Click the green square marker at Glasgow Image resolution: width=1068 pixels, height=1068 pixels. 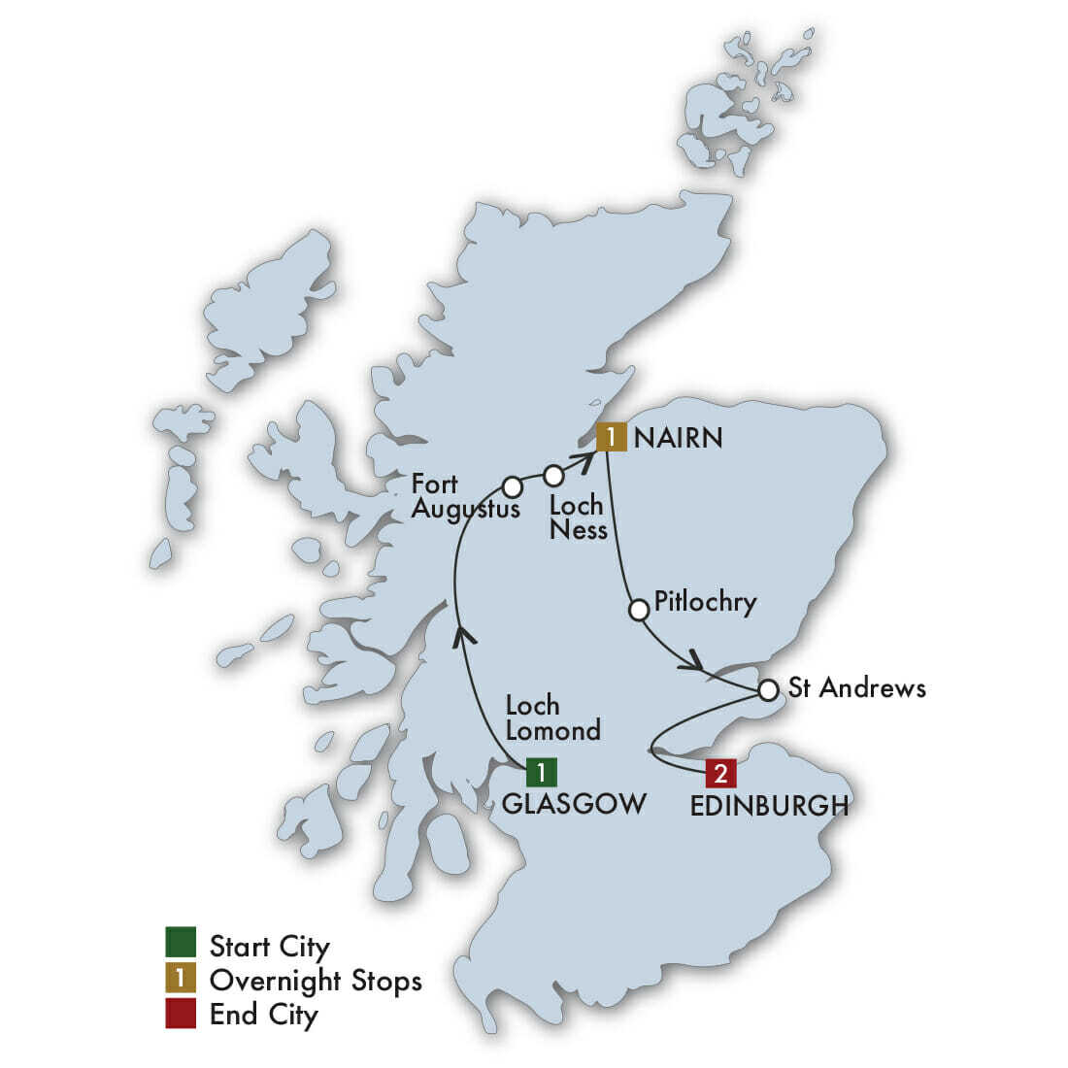click(x=541, y=772)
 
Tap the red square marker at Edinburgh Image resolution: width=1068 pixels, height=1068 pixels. click(x=720, y=773)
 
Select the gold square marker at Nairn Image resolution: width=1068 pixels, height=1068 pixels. click(x=612, y=437)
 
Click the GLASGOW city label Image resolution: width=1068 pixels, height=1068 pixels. click(x=574, y=804)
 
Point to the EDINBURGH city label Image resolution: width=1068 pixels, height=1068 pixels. click(x=769, y=806)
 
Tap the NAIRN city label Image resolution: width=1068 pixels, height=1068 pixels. click(x=678, y=438)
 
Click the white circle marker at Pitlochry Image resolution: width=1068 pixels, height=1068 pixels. click(x=639, y=610)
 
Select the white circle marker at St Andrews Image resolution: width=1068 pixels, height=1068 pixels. click(x=768, y=690)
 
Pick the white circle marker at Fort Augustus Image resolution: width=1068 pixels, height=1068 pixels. click(x=512, y=486)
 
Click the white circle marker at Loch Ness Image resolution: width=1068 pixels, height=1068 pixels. click(x=553, y=476)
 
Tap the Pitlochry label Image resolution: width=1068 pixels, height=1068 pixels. click(x=705, y=602)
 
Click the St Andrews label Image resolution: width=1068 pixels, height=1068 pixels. click(x=857, y=688)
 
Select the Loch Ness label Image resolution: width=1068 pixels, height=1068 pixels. click(x=578, y=517)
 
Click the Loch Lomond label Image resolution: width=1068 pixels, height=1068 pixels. click(x=552, y=718)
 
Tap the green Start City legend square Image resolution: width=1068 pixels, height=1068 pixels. click(x=181, y=944)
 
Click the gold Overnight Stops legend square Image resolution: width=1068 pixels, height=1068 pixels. click(x=181, y=979)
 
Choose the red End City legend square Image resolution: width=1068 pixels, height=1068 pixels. click(x=181, y=1014)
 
